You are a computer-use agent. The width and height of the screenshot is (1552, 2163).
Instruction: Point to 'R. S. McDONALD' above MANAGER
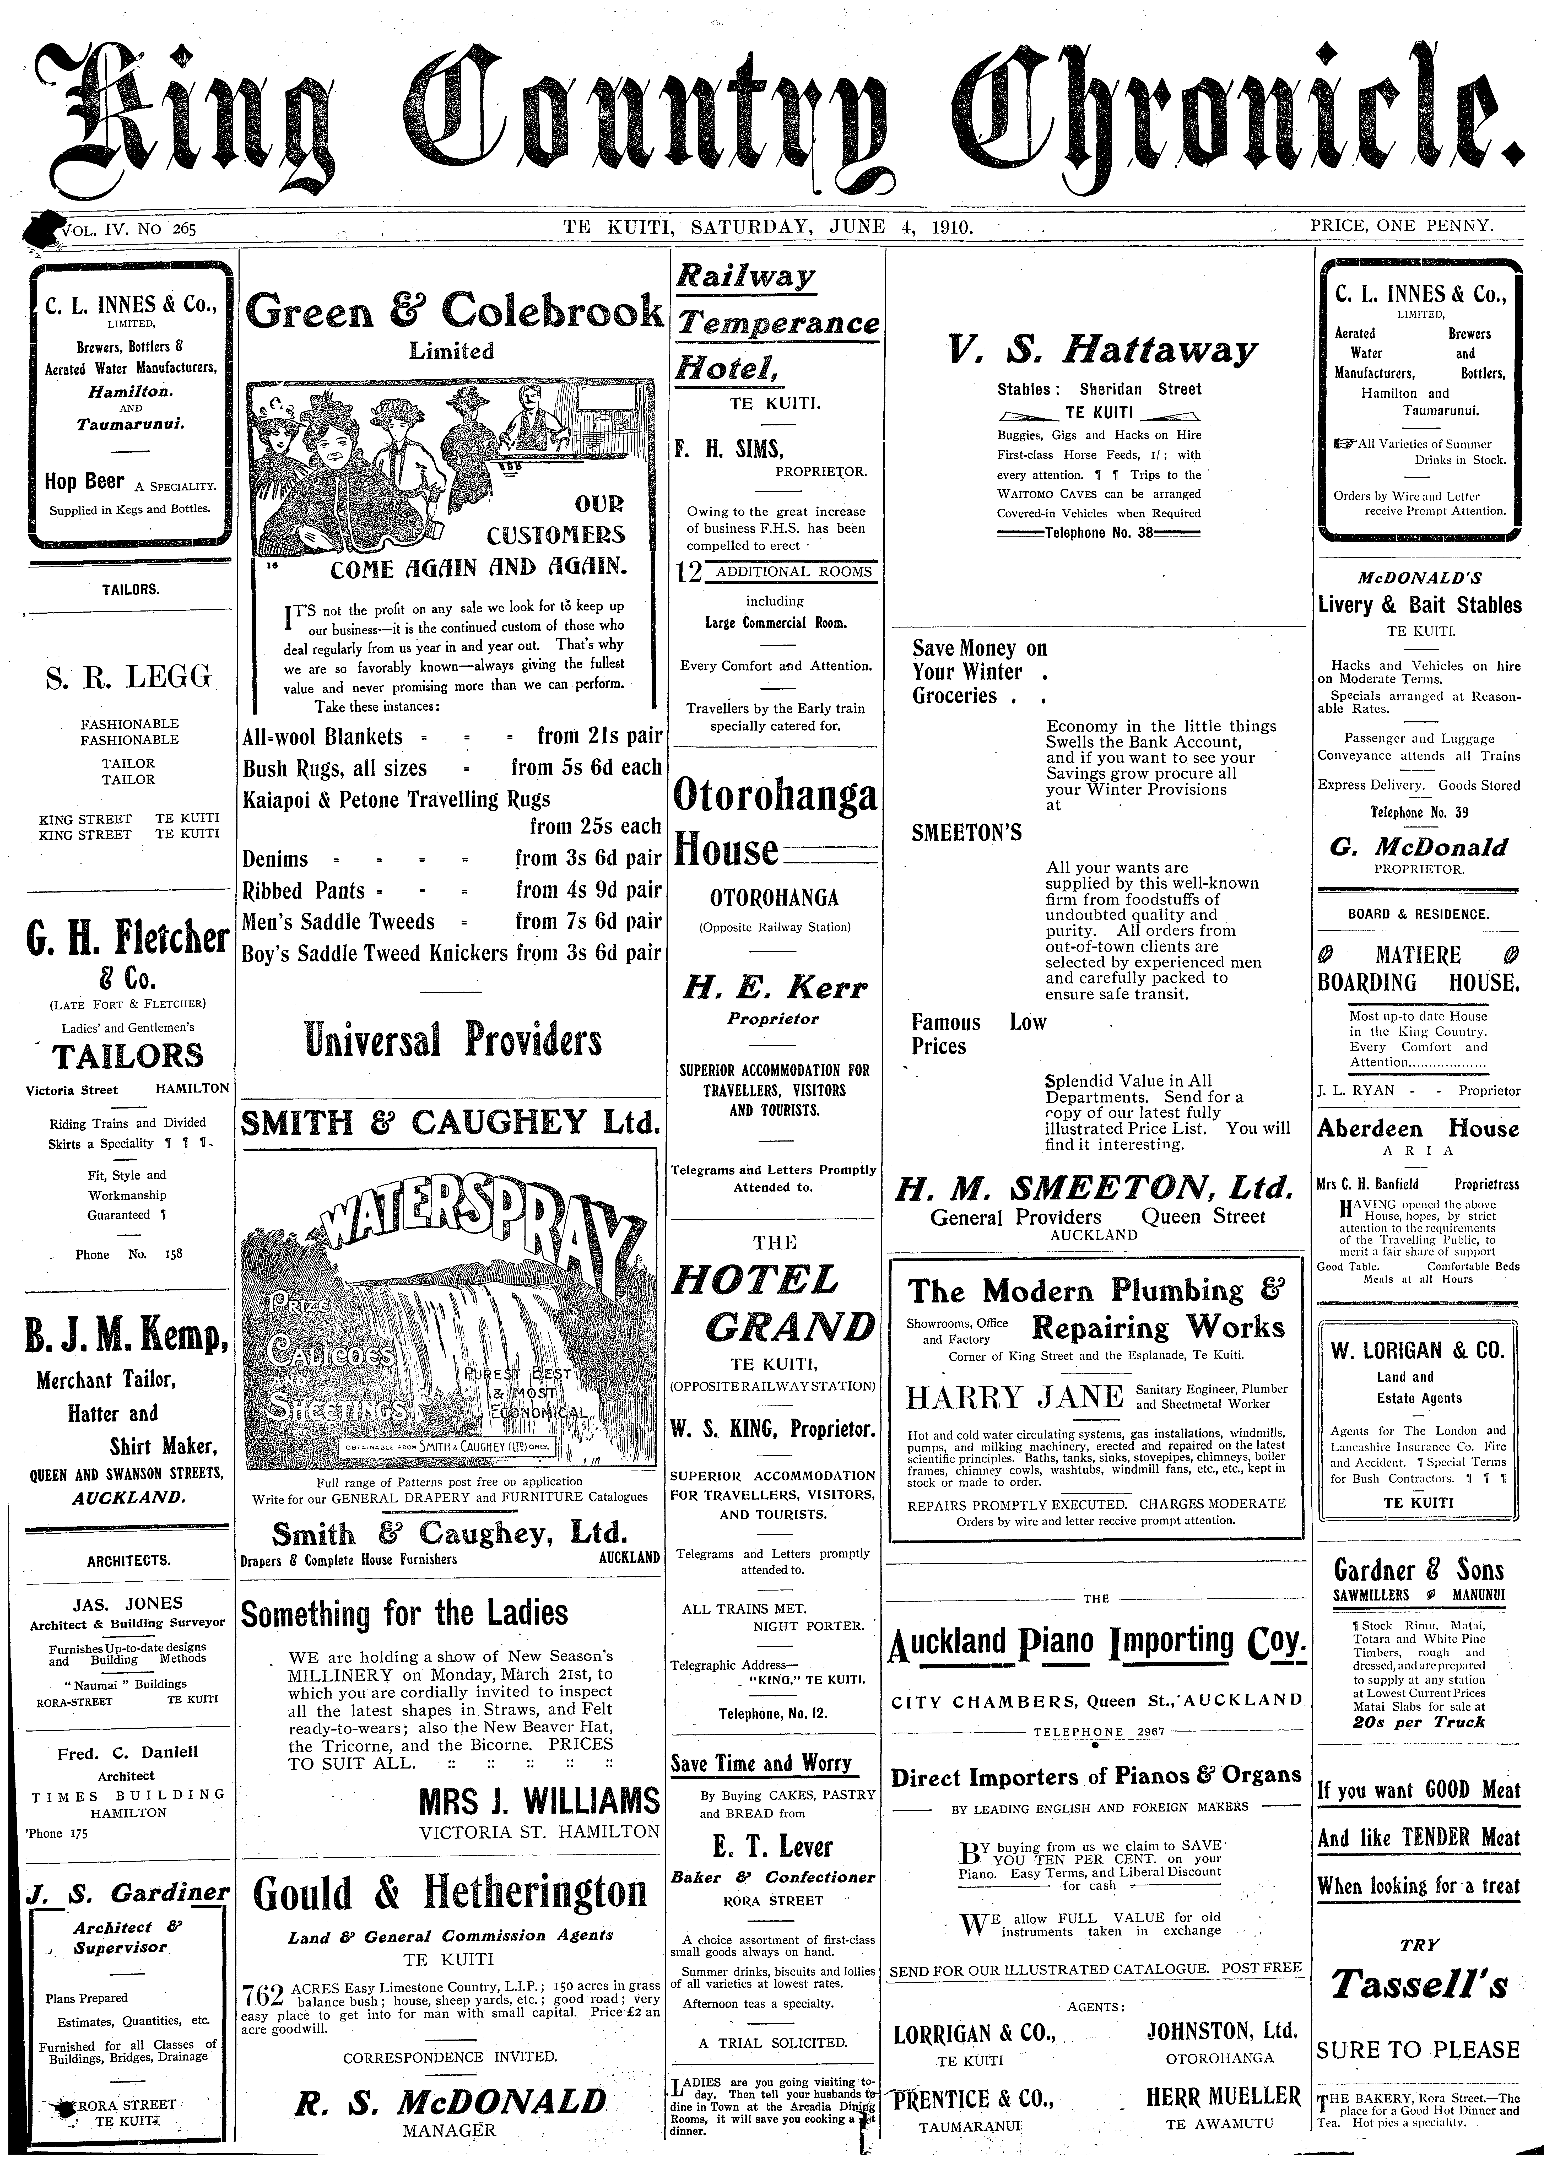(450, 2101)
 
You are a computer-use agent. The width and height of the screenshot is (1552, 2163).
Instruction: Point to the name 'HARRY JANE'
(1014, 1397)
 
